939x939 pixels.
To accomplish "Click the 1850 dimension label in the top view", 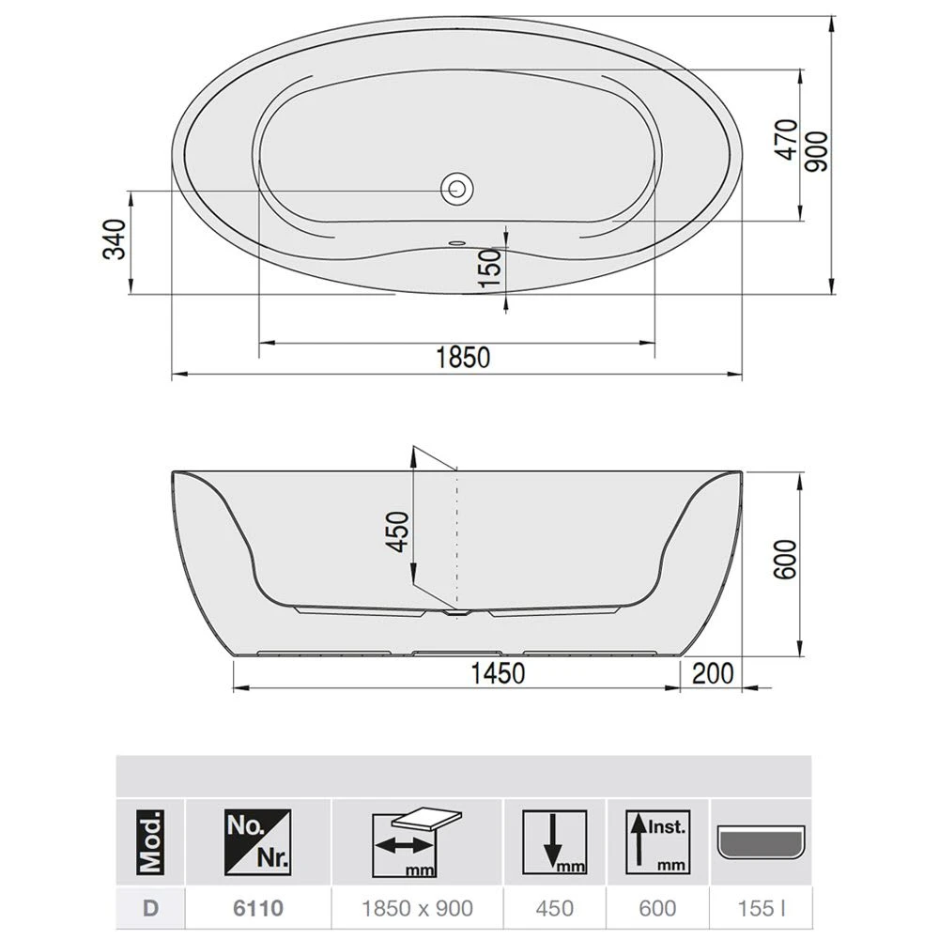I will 462,358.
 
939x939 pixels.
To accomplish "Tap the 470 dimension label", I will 787,140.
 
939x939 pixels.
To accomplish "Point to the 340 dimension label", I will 115,241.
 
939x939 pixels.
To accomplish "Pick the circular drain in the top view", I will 458,188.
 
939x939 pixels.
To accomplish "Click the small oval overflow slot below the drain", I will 457,241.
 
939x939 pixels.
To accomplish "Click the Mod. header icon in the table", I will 150,841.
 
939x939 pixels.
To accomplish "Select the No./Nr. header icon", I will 257,841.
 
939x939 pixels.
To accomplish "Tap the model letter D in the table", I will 149,908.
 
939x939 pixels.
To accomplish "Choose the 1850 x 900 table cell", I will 418,908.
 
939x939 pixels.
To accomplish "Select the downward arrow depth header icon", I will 556,841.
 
